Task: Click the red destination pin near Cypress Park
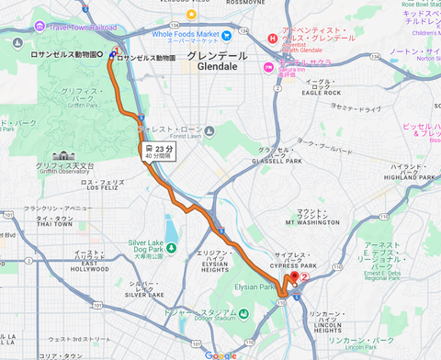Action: [295, 277]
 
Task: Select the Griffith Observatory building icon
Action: [62, 156]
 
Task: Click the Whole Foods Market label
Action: [192, 34]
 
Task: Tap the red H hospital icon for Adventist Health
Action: [272, 38]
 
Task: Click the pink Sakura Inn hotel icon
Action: [268, 66]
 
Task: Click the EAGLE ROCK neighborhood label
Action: [321, 93]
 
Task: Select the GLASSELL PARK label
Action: [280, 161]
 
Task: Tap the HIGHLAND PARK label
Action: [410, 177]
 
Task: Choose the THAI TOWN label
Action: [54, 223]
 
